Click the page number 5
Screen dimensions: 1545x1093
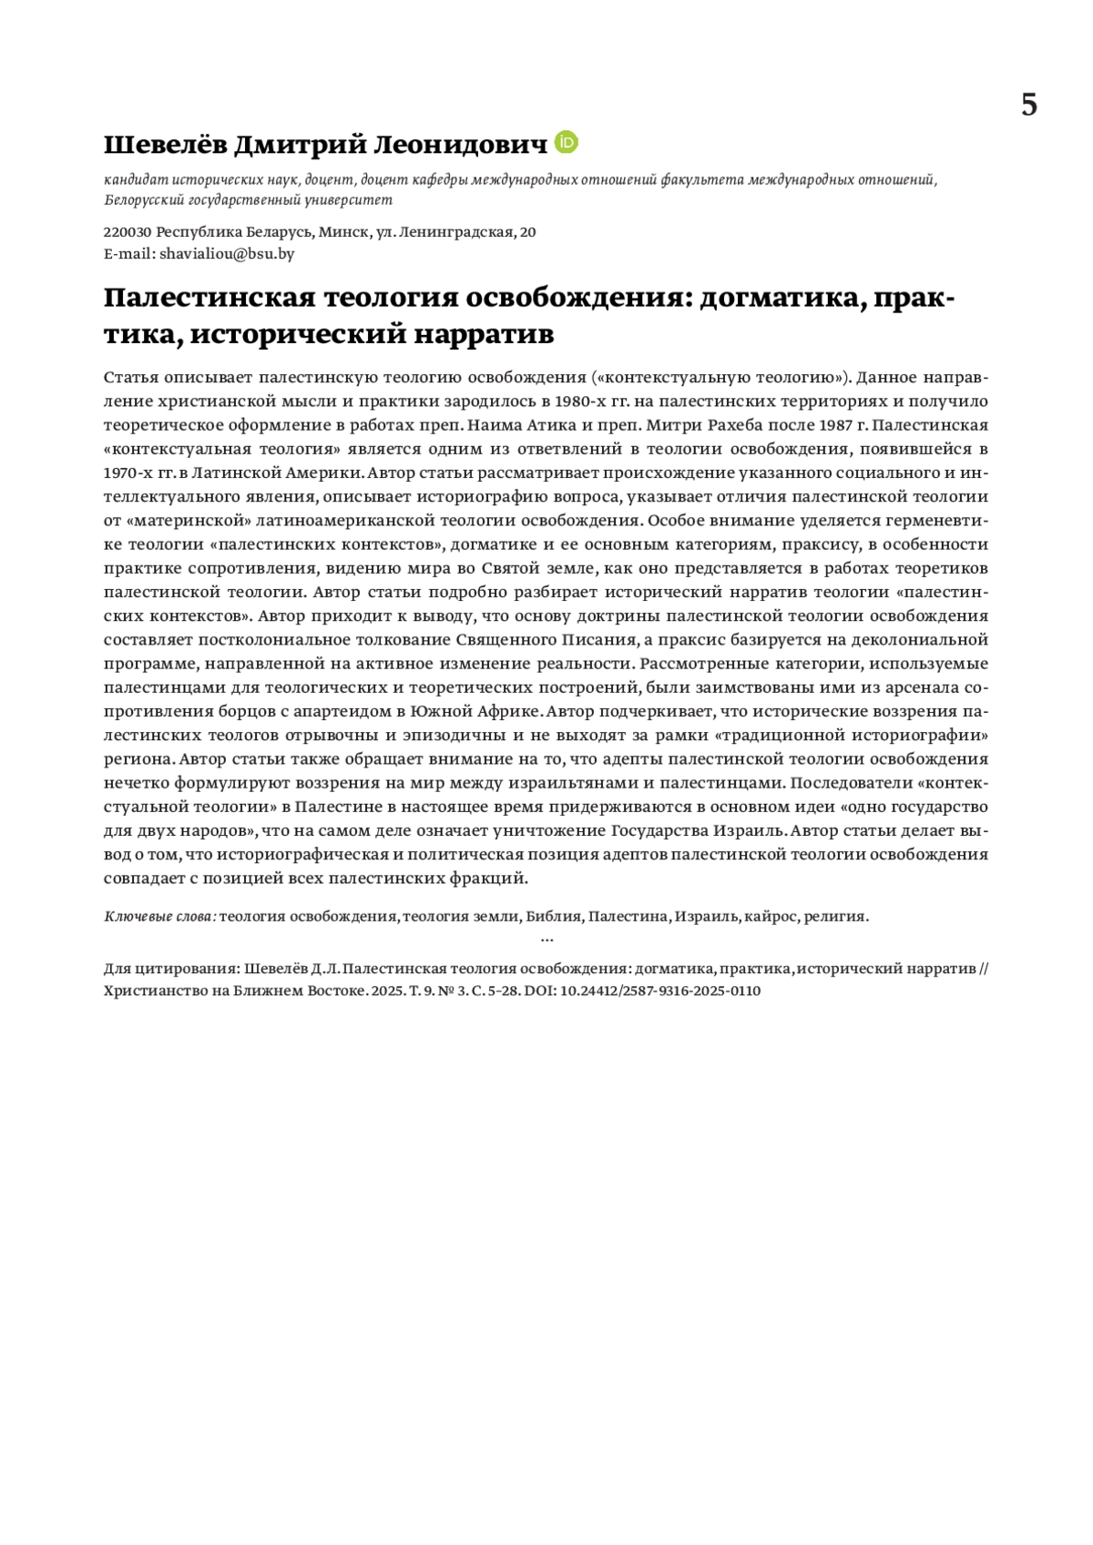coord(1028,106)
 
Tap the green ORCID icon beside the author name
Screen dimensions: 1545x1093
coord(567,143)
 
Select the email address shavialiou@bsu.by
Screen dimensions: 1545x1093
coord(227,254)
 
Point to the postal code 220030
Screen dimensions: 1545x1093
coord(128,232)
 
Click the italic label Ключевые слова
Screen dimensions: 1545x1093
coord(160,917)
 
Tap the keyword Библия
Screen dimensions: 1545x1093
coord(554,917)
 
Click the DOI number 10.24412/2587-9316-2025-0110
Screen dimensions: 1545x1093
coord(655,991)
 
